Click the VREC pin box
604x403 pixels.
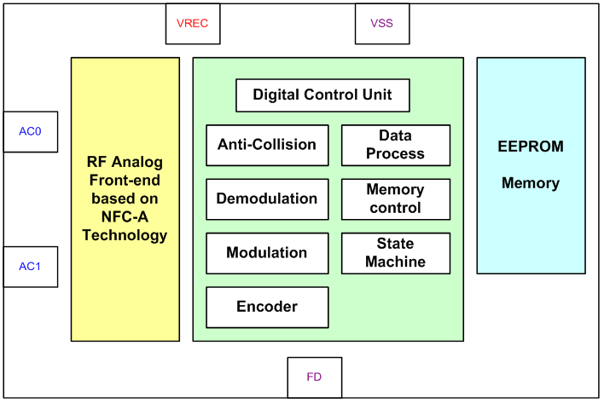(193, 23)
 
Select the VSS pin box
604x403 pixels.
(382, 23)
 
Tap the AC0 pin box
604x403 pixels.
(30, 131)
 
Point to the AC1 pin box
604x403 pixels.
(30, 267)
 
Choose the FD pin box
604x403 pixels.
(314, 377)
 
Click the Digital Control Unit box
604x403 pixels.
(322, 95)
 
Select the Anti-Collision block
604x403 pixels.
(267, 145)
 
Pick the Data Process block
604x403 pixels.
(396, 145)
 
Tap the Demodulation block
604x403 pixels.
(267, 199)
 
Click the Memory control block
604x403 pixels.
(396, 199)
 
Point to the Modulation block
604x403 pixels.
(267, 253)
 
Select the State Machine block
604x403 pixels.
(396, 253)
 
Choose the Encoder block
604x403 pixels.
(267, 307)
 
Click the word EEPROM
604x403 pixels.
(531, 147)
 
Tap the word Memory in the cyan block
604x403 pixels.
(531, 183)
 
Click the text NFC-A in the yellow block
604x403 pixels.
(125, 217)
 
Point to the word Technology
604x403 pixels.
(125, 235)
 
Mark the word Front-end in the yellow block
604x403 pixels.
(125, 180)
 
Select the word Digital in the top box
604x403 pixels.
(276, 95)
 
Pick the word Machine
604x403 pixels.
(396, 262)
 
